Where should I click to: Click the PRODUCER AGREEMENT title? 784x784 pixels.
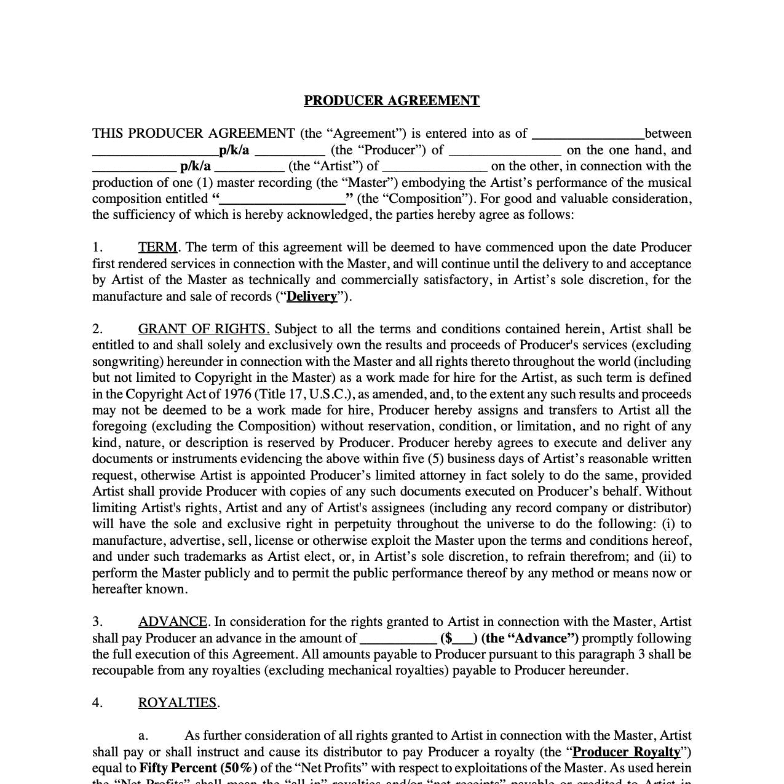point(392,101)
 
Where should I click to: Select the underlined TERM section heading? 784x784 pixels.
point(157,247)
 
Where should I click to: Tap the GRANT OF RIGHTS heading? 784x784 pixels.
point(204,329)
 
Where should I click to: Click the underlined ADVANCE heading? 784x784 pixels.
point(173,622)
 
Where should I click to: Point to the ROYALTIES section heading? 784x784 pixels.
point(178,703)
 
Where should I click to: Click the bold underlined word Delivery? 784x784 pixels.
point(312,296)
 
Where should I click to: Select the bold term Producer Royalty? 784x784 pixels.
point(627,752)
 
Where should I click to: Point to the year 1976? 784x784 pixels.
point(236,394)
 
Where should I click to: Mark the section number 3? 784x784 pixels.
point(97,622)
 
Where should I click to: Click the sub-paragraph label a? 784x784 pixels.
point(143,735)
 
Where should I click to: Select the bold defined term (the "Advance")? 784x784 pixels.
point(530,638)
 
